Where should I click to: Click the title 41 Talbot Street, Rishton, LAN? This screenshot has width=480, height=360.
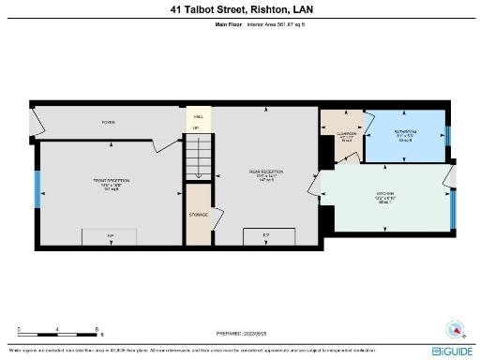coord(239,10)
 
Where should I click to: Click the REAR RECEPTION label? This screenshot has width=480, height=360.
coord(265,174)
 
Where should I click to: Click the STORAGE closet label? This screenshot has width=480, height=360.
coord(198,214)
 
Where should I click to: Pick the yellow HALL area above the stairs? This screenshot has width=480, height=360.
coord(197,118)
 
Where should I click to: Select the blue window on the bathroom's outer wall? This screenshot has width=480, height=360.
coord(447,135)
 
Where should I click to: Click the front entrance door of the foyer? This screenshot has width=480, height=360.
coord(36,122)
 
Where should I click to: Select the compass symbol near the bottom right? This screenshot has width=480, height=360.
coord(456,329)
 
